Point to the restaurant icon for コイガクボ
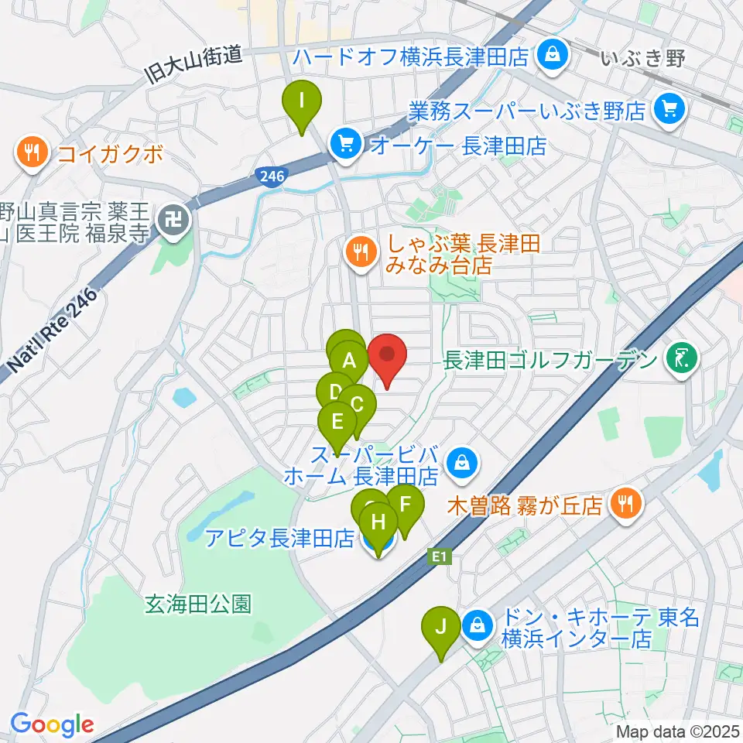pyautogui.click(x=32, y=152)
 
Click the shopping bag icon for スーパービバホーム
pyautogui.click(x=462, y=464)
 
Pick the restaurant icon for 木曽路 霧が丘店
pyautogui.click(x=623, y=505)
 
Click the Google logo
pyautogui.click(x=51, y=724)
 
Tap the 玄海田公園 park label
pyautogui.click(x=199, y=604)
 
